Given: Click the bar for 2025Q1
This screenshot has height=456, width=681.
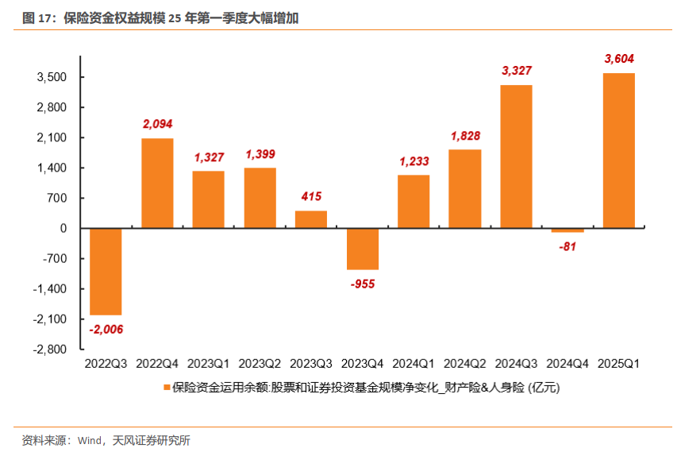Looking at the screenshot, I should [618, 151].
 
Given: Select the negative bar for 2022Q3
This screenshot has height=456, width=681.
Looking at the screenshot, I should [106, 272].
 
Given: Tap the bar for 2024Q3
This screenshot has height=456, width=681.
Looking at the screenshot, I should [516, 157].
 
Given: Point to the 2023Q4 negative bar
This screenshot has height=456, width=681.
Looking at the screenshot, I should [362, 249].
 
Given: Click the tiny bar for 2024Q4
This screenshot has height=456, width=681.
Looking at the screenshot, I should [567, 230].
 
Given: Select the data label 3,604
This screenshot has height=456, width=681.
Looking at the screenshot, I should [619, 59].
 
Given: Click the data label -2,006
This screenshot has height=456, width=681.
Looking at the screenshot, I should [106, 329].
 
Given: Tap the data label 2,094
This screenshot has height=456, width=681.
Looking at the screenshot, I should [157, 124].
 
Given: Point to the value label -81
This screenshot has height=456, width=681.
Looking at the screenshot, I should [567, 246].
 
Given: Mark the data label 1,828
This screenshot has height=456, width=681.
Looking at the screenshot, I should [465, 136].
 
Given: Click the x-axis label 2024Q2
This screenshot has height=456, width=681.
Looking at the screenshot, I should [465, 364].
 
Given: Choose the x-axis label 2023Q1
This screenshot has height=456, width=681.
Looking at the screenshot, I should [208, 364].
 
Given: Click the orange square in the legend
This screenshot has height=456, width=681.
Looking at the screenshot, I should [167, 388].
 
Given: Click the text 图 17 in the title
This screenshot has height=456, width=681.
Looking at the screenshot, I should [37, 17].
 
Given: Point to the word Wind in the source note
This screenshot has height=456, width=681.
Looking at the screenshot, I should [89, 440].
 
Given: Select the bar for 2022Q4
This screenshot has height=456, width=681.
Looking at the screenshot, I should [157, 184].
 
